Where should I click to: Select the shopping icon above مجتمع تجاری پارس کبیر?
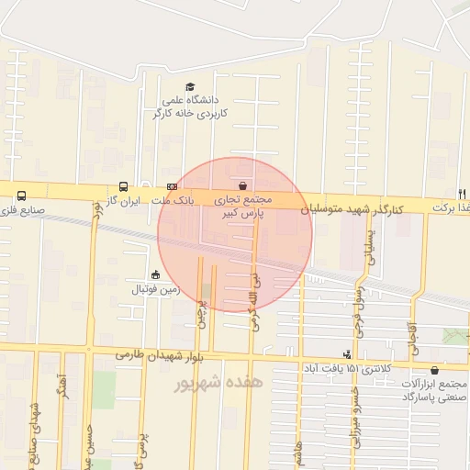click(x=242, y=184)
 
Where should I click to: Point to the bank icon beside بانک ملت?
click(x=172, y=185)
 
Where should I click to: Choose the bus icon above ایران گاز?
click(x=124, y=186)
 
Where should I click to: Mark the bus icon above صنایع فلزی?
click(x=21, y=195)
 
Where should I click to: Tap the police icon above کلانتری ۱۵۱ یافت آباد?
click(x=346, y=353)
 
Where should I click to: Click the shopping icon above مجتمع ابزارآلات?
click(x=434, y=370)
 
